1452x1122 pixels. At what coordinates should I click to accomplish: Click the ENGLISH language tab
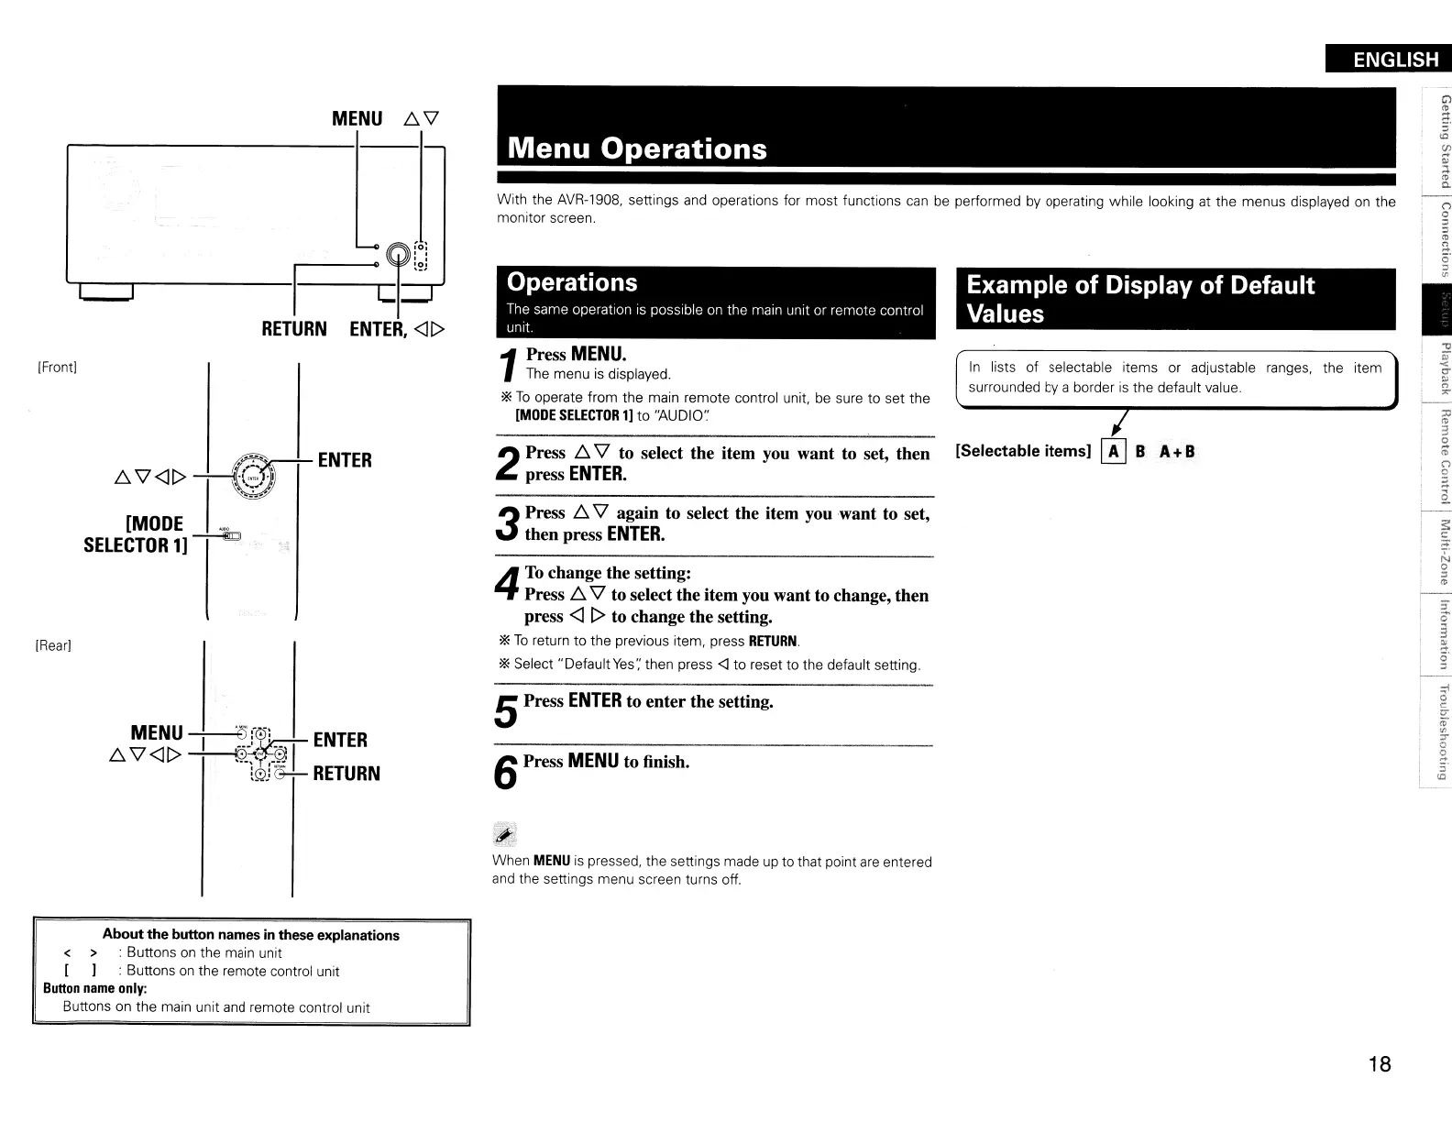[1388, 60]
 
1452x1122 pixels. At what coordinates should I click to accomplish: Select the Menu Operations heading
[637, 148]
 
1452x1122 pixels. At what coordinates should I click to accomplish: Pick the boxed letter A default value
[1113, 451]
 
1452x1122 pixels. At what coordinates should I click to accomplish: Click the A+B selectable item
[1177, 451]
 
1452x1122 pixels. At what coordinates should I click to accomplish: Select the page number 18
[1379, 1063]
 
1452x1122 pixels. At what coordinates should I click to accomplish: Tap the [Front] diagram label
[57, 368]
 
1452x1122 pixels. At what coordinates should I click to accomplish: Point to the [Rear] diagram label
[53, 645]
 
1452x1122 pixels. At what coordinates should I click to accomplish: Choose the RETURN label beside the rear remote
[346, 773]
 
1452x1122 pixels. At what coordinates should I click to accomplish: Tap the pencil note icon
[505, 832]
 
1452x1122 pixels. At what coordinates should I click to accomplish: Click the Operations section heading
[571, 282]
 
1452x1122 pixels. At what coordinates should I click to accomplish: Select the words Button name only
[95, 988]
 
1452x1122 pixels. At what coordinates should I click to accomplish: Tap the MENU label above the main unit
[357, 118]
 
